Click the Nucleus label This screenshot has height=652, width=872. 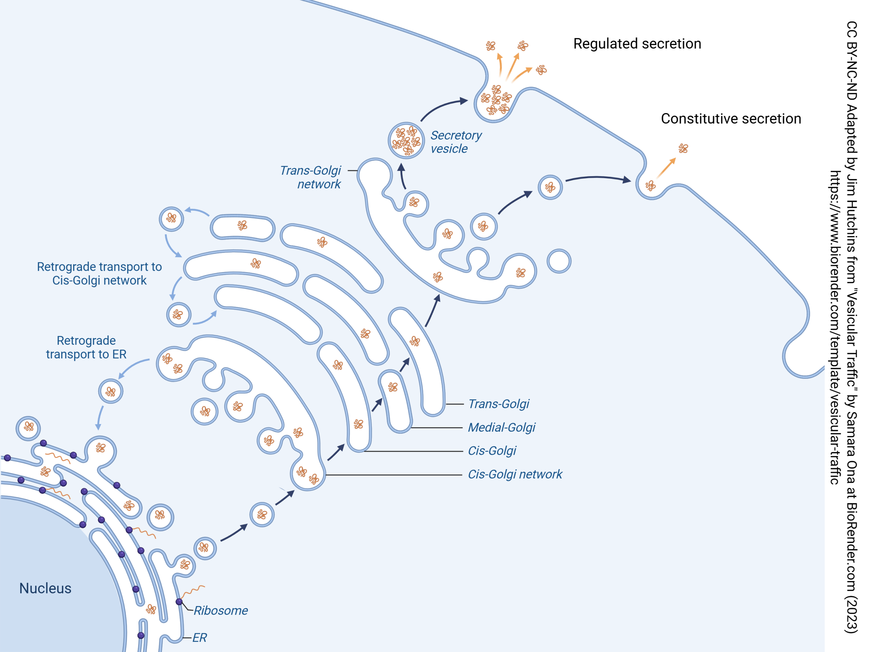tap(45, 588)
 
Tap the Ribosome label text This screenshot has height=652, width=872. tap(220, 610)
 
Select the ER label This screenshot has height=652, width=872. tap(200, 637)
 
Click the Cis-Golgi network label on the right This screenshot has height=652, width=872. tap(514, 474)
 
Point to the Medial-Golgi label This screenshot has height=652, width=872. tap(501, 427)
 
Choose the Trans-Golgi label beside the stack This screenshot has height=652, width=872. tap(498, 404)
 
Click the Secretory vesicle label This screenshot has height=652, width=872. tap(455, 142)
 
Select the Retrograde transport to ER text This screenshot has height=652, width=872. tap(86, 347)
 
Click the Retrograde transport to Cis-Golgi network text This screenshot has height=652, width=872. tap(99, 274)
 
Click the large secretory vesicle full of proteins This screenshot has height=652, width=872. tap(406, 140)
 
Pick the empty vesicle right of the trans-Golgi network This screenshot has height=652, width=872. tap(559, 261)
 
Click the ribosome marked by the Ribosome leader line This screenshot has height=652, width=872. tap(179, 602)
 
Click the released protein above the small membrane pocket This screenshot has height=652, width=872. tap(683, 148)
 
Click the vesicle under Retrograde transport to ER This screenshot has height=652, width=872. tap(111, 391)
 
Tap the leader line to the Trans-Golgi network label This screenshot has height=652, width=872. tap(352, 171)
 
